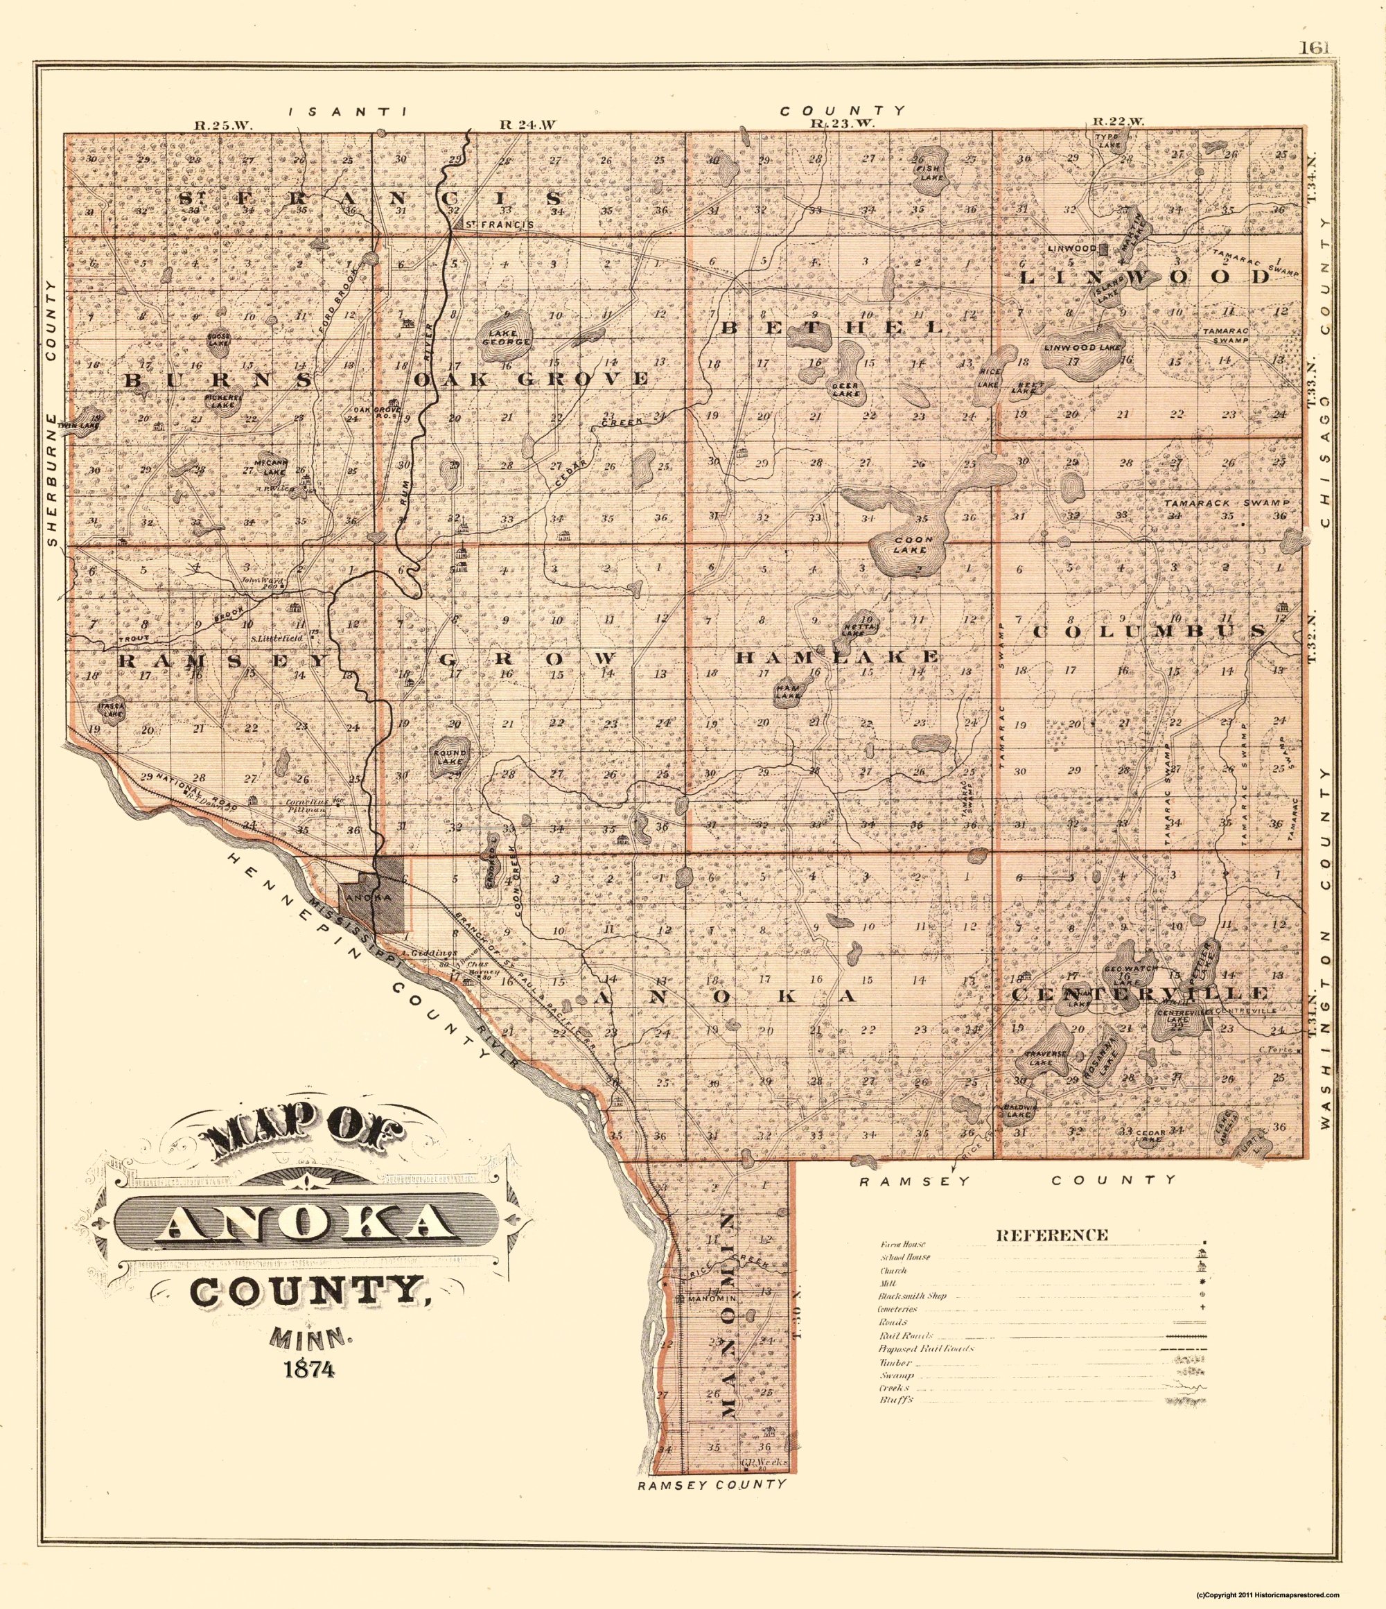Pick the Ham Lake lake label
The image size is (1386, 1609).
789,692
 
